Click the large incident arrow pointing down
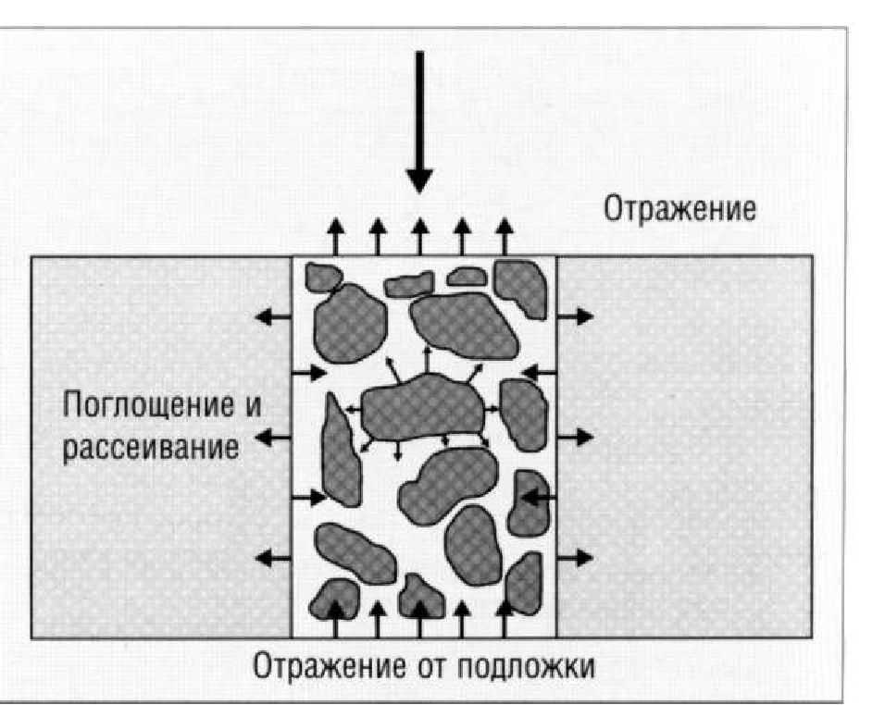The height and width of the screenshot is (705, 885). coord(419,122)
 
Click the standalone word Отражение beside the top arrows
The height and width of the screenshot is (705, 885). coord(679,209)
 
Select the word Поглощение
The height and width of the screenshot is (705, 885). coord(147,405)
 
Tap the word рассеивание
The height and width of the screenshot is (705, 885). coord(150,449)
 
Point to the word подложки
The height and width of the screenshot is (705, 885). coord(526,667)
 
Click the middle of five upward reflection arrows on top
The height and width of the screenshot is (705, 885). coord(419,237)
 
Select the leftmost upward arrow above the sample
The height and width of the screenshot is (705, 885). coord(336,237)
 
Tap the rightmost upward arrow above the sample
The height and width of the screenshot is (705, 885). coord(505,237)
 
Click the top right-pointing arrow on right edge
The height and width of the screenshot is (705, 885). coord(575,317)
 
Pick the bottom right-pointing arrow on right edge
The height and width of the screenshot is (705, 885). coord(575,558)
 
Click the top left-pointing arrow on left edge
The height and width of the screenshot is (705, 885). coord(274,317)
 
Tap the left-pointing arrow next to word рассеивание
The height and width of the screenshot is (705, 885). coord(274,437)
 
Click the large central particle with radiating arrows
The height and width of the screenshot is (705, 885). coord(422,407)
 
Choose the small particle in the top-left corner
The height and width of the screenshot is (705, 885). coord(323,277)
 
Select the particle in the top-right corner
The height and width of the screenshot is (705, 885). coord(521,289)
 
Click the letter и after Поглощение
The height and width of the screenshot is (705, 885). coord(254,406)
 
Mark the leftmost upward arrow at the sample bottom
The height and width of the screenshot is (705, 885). coord(336,619)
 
